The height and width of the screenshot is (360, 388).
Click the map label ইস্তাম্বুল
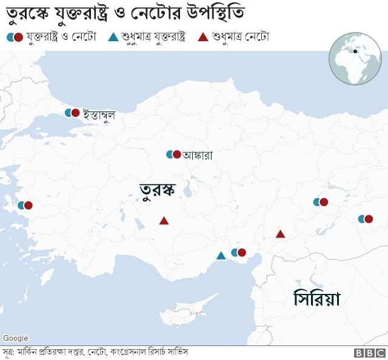tap(99, 114)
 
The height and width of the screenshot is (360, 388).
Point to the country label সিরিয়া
tap(316, 299)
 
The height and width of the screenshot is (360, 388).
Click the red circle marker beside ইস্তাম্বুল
tap(76, 113)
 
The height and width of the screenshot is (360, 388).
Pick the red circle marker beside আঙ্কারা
tap(177, 155)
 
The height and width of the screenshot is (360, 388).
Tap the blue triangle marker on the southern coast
tap(221, 256)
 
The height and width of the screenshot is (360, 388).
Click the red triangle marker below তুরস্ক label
tap(164, 221)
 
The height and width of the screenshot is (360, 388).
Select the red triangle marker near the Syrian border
tap(280, 234)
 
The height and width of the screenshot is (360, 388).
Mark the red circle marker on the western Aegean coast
tap(28, 205)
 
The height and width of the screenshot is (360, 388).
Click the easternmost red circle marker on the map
tap(368, 219)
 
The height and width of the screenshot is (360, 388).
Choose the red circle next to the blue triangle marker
tap(242, 253)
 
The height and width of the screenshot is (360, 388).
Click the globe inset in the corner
tap(355, 59)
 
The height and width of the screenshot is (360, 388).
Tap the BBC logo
tap(370, 353)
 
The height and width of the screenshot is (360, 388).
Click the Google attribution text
tap(15, 338)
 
